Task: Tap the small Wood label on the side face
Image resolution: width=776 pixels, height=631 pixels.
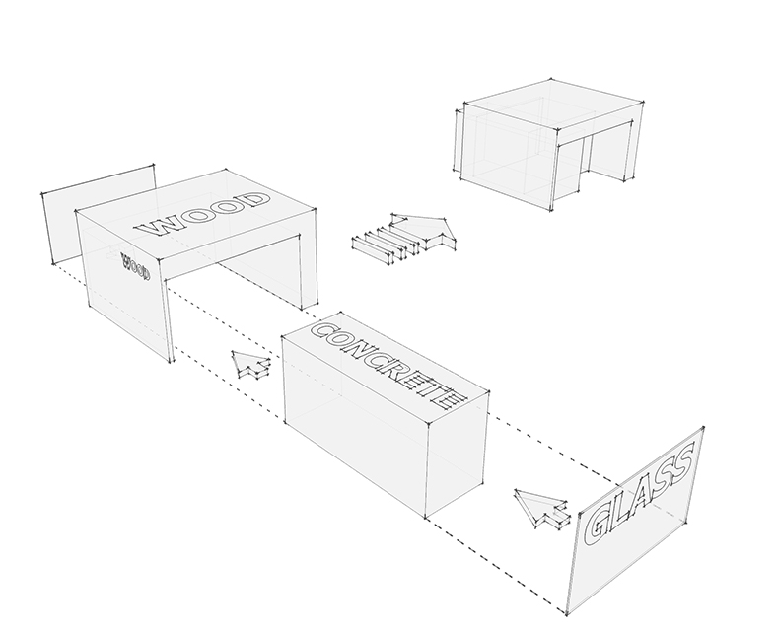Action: (x=135, y=266)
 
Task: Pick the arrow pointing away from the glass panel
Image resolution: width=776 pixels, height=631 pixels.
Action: (x=541, y=510)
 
